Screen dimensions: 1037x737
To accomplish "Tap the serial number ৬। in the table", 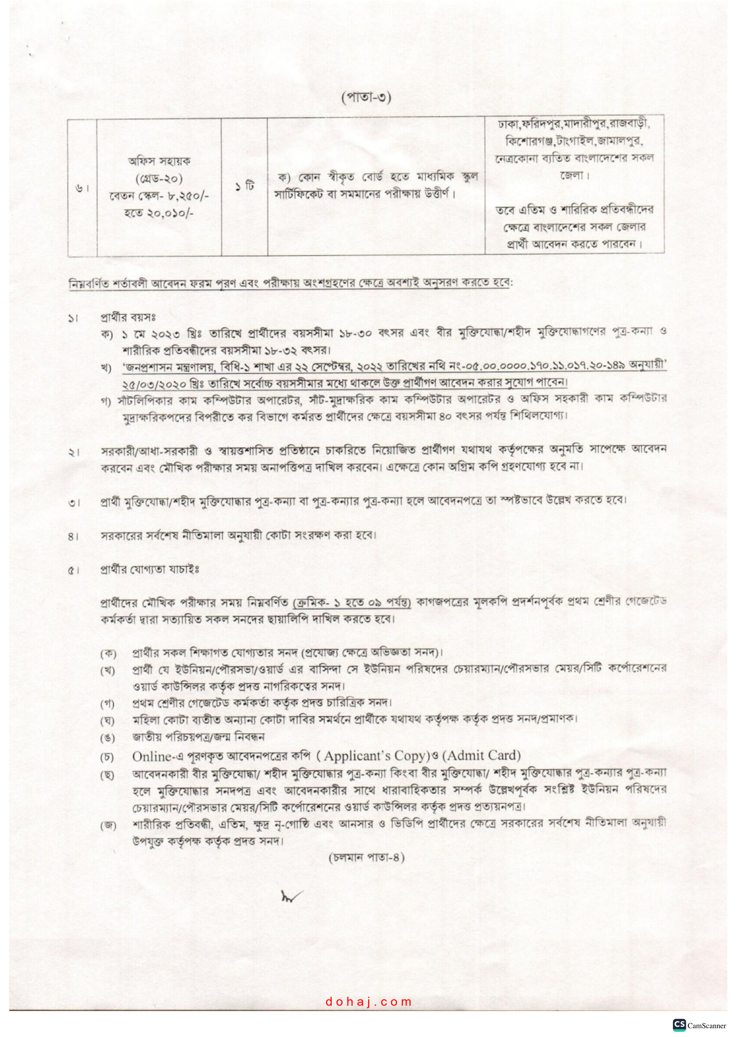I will point(82,188).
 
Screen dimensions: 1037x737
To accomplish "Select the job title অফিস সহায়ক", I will point(159,161).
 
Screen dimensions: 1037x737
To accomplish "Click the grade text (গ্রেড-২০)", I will point(159,179).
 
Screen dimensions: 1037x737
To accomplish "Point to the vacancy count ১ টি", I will point(244,186).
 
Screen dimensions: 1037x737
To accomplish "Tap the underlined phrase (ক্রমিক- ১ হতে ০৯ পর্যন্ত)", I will point(352,602).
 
